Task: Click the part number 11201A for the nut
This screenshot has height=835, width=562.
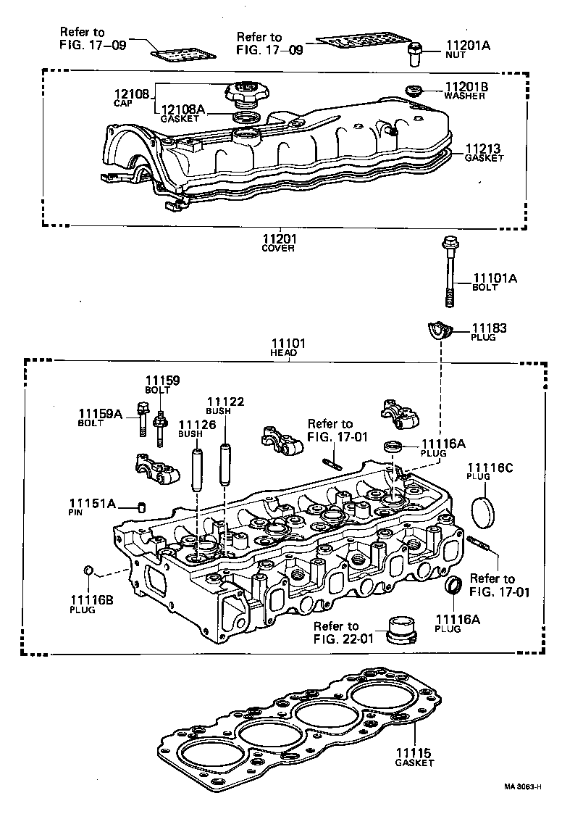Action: [x=467, y=45]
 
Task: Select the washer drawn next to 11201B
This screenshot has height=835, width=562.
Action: [x=414, y=91]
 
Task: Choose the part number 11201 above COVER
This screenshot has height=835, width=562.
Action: [x=279, y=238]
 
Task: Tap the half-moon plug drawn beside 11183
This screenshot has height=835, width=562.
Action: [x=440, y=330]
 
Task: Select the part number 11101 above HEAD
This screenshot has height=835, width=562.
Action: [x=288, y=344]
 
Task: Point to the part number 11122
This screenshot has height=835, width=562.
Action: [x=225, y=402]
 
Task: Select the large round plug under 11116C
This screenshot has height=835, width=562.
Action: [x=484, y=511]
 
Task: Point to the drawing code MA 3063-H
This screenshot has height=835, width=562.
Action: [x=524, y=786]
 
